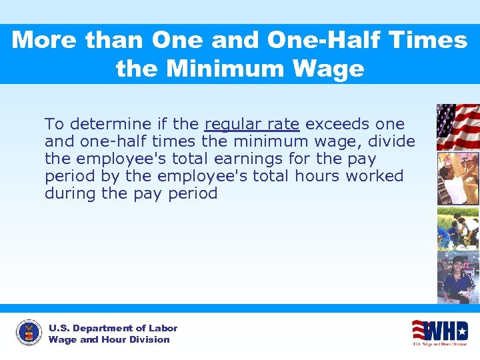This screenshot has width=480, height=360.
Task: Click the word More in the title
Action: (45, 41)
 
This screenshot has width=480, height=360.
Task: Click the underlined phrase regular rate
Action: (252, 125)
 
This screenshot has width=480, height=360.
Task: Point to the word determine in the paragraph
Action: (109, 125)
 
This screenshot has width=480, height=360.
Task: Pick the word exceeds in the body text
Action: (337, 125)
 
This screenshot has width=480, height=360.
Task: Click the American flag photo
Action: (457, 127)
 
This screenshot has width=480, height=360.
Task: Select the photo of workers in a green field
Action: (457, 227)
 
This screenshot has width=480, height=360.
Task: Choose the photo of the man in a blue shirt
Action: (457, 277)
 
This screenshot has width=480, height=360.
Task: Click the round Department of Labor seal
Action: (29, 333)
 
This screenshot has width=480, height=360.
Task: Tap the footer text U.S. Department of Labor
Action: (113, 328)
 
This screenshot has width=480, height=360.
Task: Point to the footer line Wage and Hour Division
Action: (109, 339)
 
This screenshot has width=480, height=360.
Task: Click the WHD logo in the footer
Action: (439, 332)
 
